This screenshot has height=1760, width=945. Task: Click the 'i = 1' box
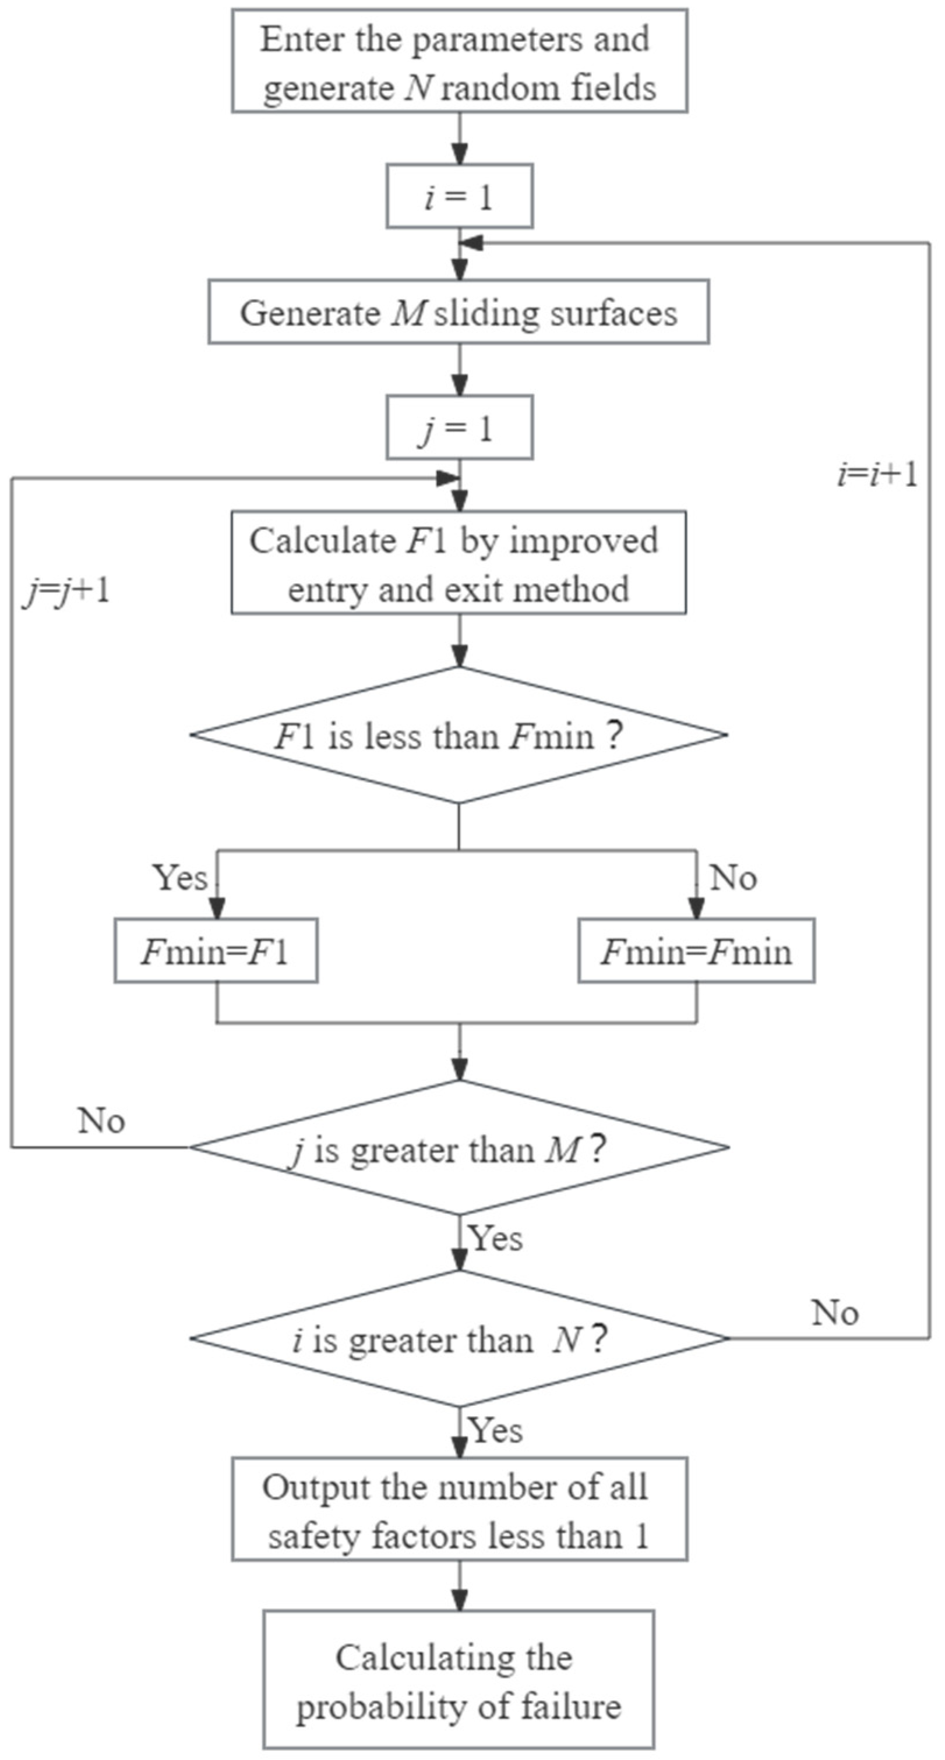(x=459, y=196)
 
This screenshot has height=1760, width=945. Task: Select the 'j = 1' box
(x=459, y=429)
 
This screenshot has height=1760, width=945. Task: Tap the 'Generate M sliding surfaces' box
(x=459, y=312)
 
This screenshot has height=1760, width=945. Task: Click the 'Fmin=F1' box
(x=216, y=951)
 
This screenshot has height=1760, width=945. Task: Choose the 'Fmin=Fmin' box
(x=696, y=951)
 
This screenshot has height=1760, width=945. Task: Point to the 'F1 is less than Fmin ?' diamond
(x=459, y=735)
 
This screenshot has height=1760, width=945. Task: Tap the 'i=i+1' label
(x=877, y=474)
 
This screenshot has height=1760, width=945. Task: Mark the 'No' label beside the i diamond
(x=834, y=1313)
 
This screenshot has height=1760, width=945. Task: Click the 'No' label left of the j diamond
(x=101, y=1120)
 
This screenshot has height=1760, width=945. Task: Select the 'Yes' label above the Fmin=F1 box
(x=179, y=877)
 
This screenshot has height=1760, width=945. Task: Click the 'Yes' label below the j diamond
(x=495, y=1238)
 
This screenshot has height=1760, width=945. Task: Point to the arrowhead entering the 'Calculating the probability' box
(x=460, y=1602)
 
